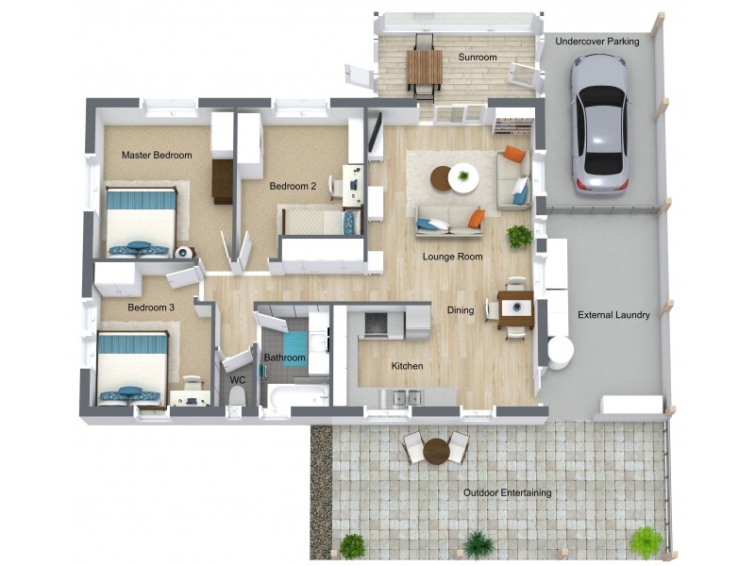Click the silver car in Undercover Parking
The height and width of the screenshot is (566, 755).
coord(599,123)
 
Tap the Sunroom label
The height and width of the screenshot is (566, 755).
coord(478,58)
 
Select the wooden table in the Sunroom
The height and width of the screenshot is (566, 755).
coord(424,67)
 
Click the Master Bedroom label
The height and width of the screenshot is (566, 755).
coord(157,156)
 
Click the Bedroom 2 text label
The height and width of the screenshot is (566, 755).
coord(293,186)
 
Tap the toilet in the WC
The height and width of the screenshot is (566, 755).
coord(236,395)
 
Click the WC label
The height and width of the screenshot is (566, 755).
coord(238,380)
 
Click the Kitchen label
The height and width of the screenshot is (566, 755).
coord(408,366)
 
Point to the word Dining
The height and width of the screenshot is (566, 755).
coord(461,310)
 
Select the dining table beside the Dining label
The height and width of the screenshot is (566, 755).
coord(516,309)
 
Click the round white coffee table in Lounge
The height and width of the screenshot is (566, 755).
coord(463,177)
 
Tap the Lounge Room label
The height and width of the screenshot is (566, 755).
coord(453,257)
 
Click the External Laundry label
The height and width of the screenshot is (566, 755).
coord(613,315)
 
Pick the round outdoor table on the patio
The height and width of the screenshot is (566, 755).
coord(436,451)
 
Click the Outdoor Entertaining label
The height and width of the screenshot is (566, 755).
coord(507,493)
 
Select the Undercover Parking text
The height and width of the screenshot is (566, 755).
coord(596,42)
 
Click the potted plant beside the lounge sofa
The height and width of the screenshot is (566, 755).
coord(519,236)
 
